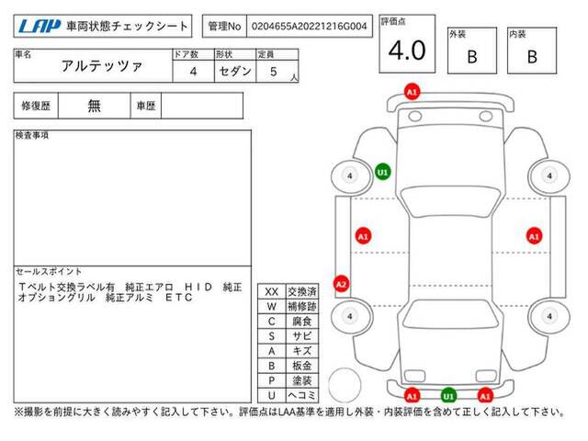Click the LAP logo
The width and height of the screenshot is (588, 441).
tap(40, 27)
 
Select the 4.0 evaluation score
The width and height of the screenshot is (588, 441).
tap(407, 51)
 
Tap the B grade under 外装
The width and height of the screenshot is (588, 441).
tap(472, 57)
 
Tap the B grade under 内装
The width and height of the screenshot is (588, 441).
tap(532, 57)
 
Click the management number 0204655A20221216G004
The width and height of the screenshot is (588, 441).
tap(309, 27)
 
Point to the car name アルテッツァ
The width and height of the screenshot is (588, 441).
tap(102, 66)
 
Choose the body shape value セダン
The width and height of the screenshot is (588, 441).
tap(235, 71)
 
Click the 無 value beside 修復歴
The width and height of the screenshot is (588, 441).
tap(94, 106)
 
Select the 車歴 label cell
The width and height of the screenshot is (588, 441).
tap(146, 106)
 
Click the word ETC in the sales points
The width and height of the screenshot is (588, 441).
tap(179, 298)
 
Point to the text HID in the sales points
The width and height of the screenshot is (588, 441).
tap(198, 288)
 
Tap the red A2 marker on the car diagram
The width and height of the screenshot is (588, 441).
tap(341, 284)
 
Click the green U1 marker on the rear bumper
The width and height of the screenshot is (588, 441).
tap(448, 396)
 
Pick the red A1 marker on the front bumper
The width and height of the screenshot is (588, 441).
tap(412, 92)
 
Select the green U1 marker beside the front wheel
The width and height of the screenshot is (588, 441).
tap(382, 172)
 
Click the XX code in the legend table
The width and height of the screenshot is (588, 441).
tap(272, 292)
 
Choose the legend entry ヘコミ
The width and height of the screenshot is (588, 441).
tap(302, 395)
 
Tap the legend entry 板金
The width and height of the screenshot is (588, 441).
tap(302, 366)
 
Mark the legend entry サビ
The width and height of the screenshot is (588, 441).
tap(302, 336)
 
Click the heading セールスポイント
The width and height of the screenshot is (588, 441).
tap(49, 271)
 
